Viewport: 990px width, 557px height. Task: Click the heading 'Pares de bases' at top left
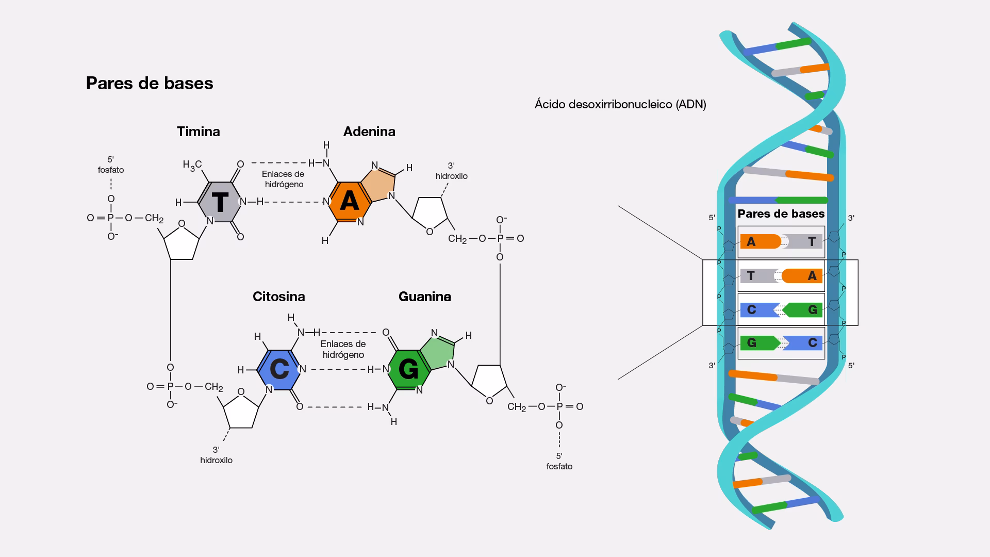(x=150, y=83)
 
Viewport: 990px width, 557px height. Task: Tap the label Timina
(x=199, y=132)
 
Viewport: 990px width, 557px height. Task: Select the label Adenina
(x=369, y=132)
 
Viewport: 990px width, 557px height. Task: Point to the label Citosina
(x=279, y=297)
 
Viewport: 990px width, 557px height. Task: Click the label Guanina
(x=425, y=297)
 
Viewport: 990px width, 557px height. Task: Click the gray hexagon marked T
(x=220, y=202)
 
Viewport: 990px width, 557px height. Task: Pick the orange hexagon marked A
(x=349, y=202)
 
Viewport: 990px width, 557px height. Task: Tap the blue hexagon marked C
(x=279, y=369)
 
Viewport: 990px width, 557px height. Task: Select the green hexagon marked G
(x=408, y=369)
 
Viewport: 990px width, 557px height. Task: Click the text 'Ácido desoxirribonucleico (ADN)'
(x=620, y=104)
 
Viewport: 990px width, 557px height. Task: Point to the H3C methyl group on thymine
(x=192, y=165)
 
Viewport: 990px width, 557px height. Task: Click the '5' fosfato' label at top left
(x=111, y=165)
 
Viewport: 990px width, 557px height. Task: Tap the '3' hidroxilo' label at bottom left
(x=217, y=455)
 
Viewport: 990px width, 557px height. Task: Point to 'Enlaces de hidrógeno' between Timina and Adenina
(x=284, y=179)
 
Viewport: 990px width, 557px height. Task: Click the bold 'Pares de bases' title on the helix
(x=781, y=214)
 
